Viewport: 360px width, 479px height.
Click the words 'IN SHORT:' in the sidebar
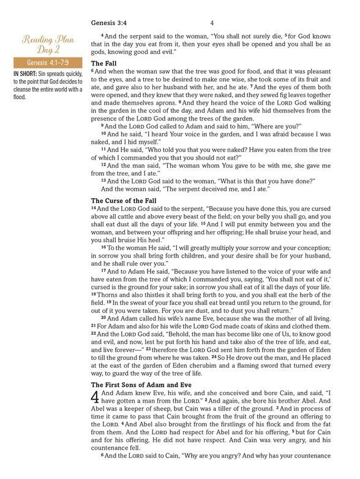(x=26, y=75)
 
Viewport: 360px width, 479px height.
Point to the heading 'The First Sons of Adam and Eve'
(x=142, y=384)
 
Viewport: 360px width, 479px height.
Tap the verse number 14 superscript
(x=94, y=208)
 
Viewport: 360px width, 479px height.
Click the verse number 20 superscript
(x=103, y=318)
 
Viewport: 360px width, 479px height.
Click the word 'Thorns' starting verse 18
(x=108, y=294)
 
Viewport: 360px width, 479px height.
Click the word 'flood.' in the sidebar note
(x=20, y=97)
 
